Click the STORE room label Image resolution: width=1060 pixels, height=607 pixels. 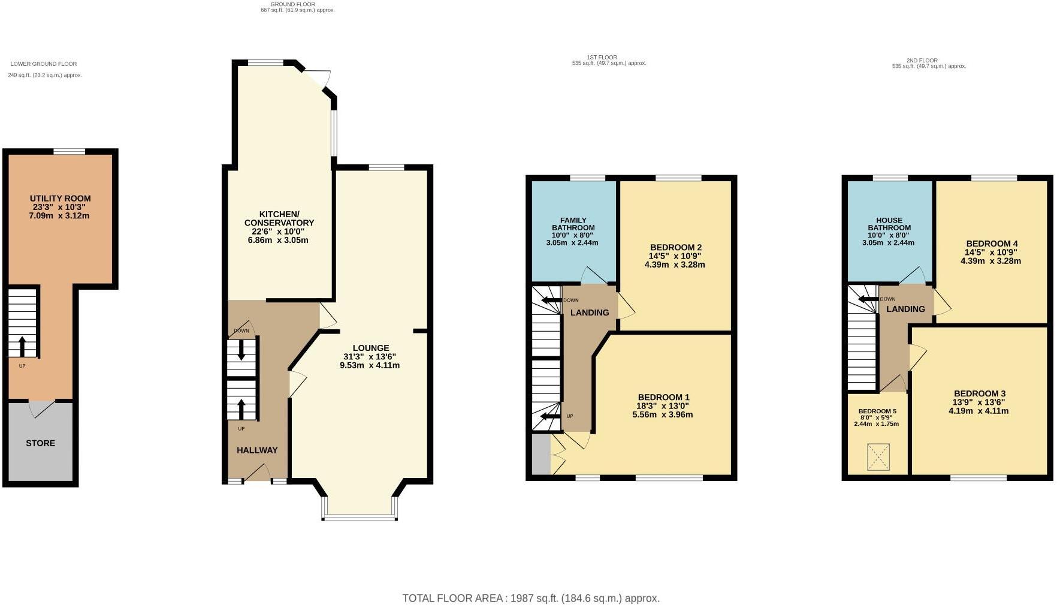(x=40, y=443)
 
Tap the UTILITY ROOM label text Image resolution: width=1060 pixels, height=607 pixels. (x=61, y=199)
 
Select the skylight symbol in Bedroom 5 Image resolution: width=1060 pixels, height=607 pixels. (x=878, y=457)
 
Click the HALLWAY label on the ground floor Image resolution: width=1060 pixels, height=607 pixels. (x=257, y=450)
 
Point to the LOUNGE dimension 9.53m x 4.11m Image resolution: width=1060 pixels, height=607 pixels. (x=370, y=365)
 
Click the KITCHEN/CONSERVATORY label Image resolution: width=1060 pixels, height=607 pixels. (x=279, y=218)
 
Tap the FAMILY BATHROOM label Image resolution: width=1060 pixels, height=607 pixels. (x=573, y=224)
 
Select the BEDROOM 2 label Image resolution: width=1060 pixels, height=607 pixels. (x=675, y=247)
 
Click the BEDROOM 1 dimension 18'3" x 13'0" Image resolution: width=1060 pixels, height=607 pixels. (x=663, y=406)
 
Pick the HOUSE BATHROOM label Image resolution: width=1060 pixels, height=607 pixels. (x=889, y=224)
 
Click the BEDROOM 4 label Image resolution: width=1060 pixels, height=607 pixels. (x=991, y=244)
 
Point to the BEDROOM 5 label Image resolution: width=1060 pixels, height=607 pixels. (x=877, y=411)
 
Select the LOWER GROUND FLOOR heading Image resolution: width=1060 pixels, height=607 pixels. (x=44, y=64)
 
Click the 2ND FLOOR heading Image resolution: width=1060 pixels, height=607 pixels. (x=922, y=61)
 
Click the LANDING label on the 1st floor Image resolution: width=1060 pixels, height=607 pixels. (x=589, y=312)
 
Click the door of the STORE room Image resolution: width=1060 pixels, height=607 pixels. (x=42, y=409)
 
